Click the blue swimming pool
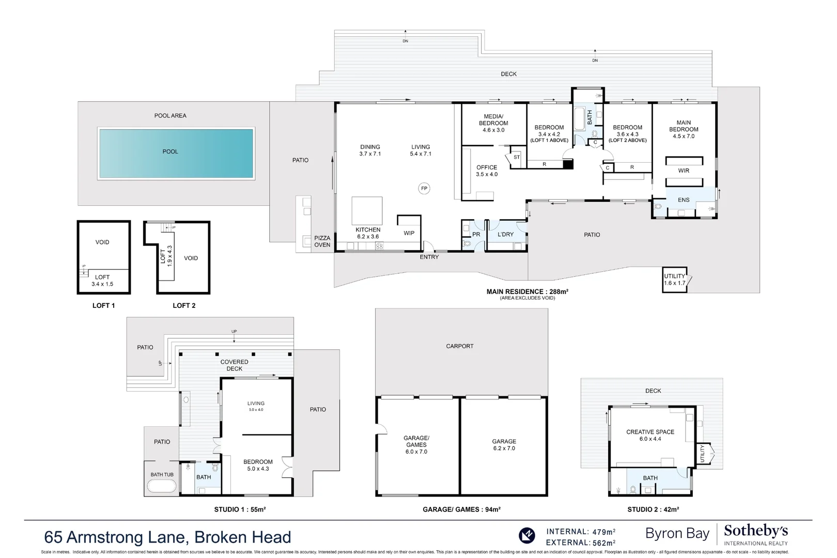(x=176, y=153)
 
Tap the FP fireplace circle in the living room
(x=424, y=189)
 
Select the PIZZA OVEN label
(x=322, y=241)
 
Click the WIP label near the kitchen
(x=409, y=233)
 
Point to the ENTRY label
(x=429, y=257)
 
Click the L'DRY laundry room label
(x=505, y=235)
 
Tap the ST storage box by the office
(x=517, y=157)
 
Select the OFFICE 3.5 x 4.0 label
(x=487, y=171)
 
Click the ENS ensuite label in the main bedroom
(x=683, y=200)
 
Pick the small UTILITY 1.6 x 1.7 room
(x=675, y=280)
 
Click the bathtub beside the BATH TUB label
(x=162, y=486)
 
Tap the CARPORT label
(x=459, y=346)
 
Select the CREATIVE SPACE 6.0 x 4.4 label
(x=650, y=435)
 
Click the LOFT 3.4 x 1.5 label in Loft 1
(x=102, y=281)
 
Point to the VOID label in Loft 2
(x=191, y=258)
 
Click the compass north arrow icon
(x=526, y=536)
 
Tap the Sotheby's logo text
(x=755, y=531)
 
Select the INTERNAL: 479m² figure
(x=581, y=532)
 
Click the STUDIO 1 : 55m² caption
(x=240, y=509)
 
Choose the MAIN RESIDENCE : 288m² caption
(x=527, y=292)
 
